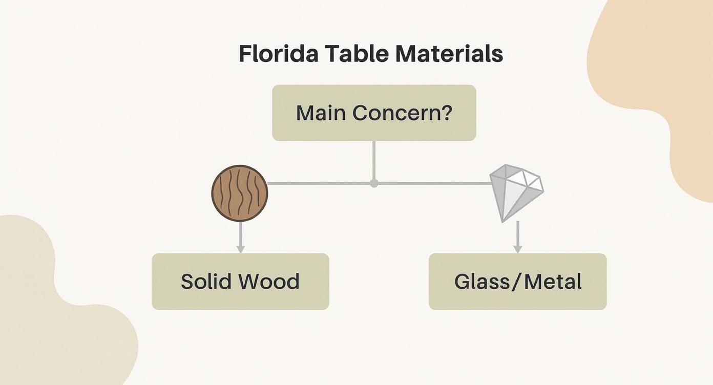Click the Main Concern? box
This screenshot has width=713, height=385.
(x=374, y=113)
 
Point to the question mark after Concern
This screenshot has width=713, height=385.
(x=447, y=113)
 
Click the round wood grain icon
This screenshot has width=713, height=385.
(x=240, y=193)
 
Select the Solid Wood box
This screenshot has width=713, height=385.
(x=240, y=282)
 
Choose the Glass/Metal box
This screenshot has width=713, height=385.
(x=517, y=282)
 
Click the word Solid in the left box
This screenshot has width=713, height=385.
(x=203, y=282)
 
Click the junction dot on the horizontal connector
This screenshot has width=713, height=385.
(x=374, y=183)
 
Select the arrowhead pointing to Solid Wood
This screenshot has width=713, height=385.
(x=240, y=249)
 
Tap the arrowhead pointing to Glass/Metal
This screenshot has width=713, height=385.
(x=517, y=249)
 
